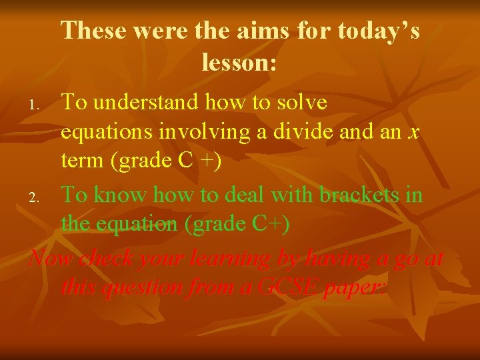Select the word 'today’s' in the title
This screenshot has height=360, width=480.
(x=379, y=31)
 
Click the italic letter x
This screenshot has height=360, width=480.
(x=414, y=133)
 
